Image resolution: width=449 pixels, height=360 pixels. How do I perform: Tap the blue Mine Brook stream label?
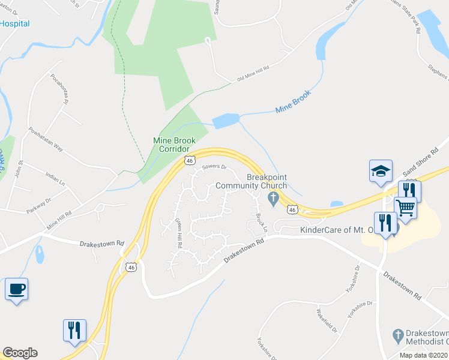coord(293,102)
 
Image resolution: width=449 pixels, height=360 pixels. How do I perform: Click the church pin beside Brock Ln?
coord(273,199)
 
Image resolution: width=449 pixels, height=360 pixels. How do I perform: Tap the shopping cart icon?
coord(406,208)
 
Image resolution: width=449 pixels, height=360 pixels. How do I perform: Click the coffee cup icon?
coord(16,289)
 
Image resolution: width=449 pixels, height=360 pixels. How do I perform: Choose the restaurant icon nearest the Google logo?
coord(74,330)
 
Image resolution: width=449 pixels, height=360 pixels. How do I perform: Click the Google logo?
coord(20,353)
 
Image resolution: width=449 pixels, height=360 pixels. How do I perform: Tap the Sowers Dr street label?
coord(214,167)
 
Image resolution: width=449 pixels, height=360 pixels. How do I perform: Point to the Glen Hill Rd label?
coord(178,233)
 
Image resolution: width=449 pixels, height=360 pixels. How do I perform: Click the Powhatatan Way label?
coord(46,139)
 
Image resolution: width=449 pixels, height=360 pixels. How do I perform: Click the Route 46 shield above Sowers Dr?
coord(190,160)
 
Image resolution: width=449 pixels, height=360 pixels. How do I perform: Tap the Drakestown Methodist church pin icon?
coord(396,335)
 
